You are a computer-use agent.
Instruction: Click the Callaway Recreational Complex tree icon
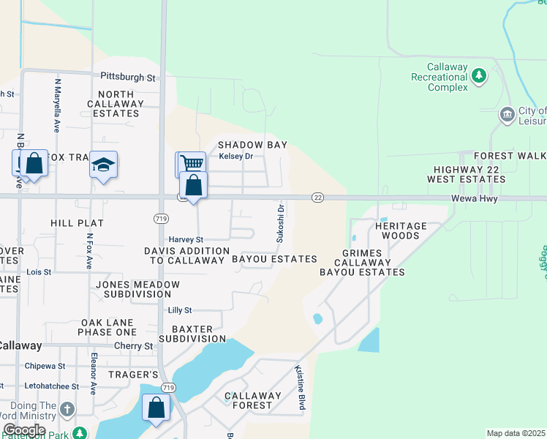click(x=479, y=75)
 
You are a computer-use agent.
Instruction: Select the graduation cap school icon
click(x=104, y=165)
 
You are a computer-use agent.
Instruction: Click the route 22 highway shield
click(x=317, y=198)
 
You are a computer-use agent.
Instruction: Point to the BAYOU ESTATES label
click(x=274, y=259)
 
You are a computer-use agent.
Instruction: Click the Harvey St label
click(x=186, y=239)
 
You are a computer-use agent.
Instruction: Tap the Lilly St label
click(x=179, y=310)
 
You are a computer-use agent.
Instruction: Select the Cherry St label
click(x=137, y=345)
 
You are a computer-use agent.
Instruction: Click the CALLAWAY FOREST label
click(x=253, y=401)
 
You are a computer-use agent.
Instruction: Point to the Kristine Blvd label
click(x=300, y=388)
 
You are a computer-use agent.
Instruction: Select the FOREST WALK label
click(x=510, y=156)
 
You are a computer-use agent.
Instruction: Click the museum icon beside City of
click(x=507, y=115)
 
